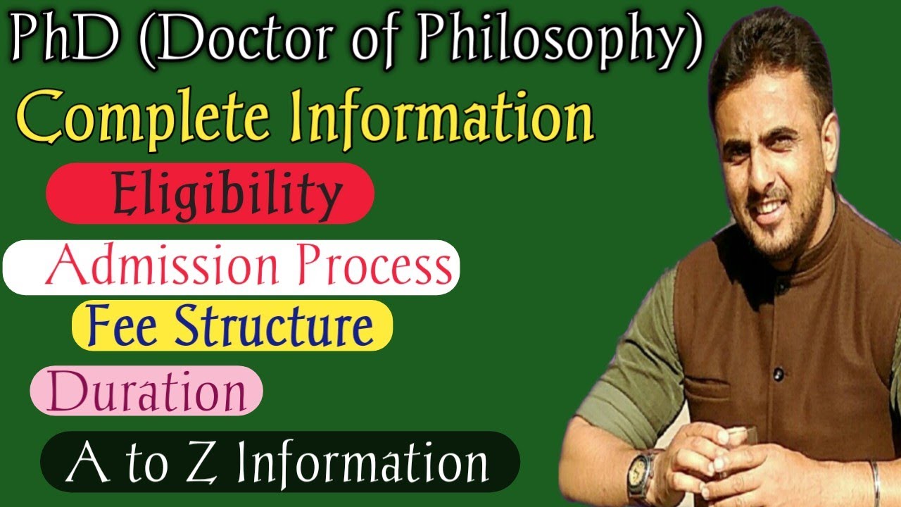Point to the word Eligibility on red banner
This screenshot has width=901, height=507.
click(x=227, y=194)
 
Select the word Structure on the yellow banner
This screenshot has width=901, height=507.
click(x=275, y=325)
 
